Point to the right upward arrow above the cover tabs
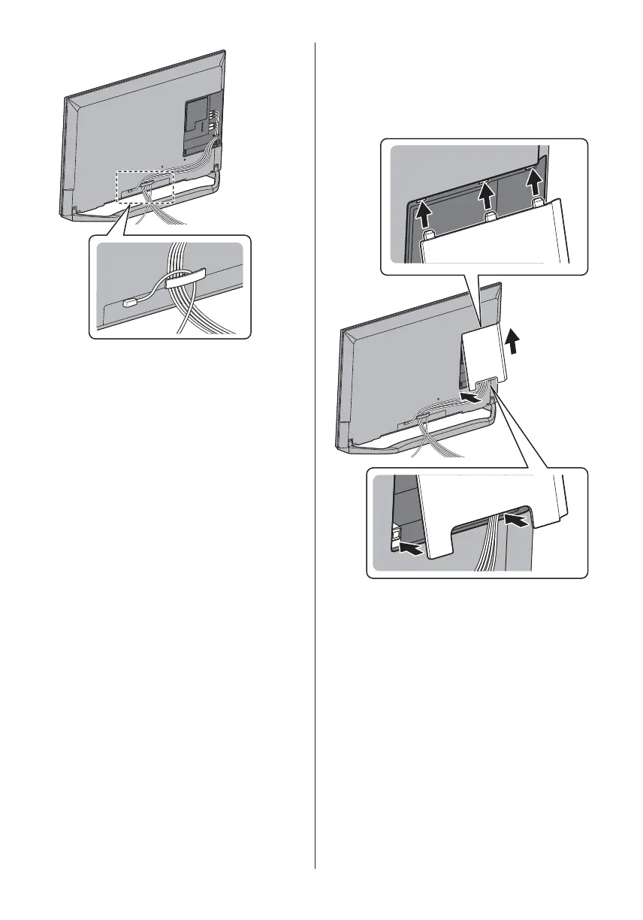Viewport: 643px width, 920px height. (x=533, y=183)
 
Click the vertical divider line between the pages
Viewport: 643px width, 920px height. (x=315, y=451)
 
